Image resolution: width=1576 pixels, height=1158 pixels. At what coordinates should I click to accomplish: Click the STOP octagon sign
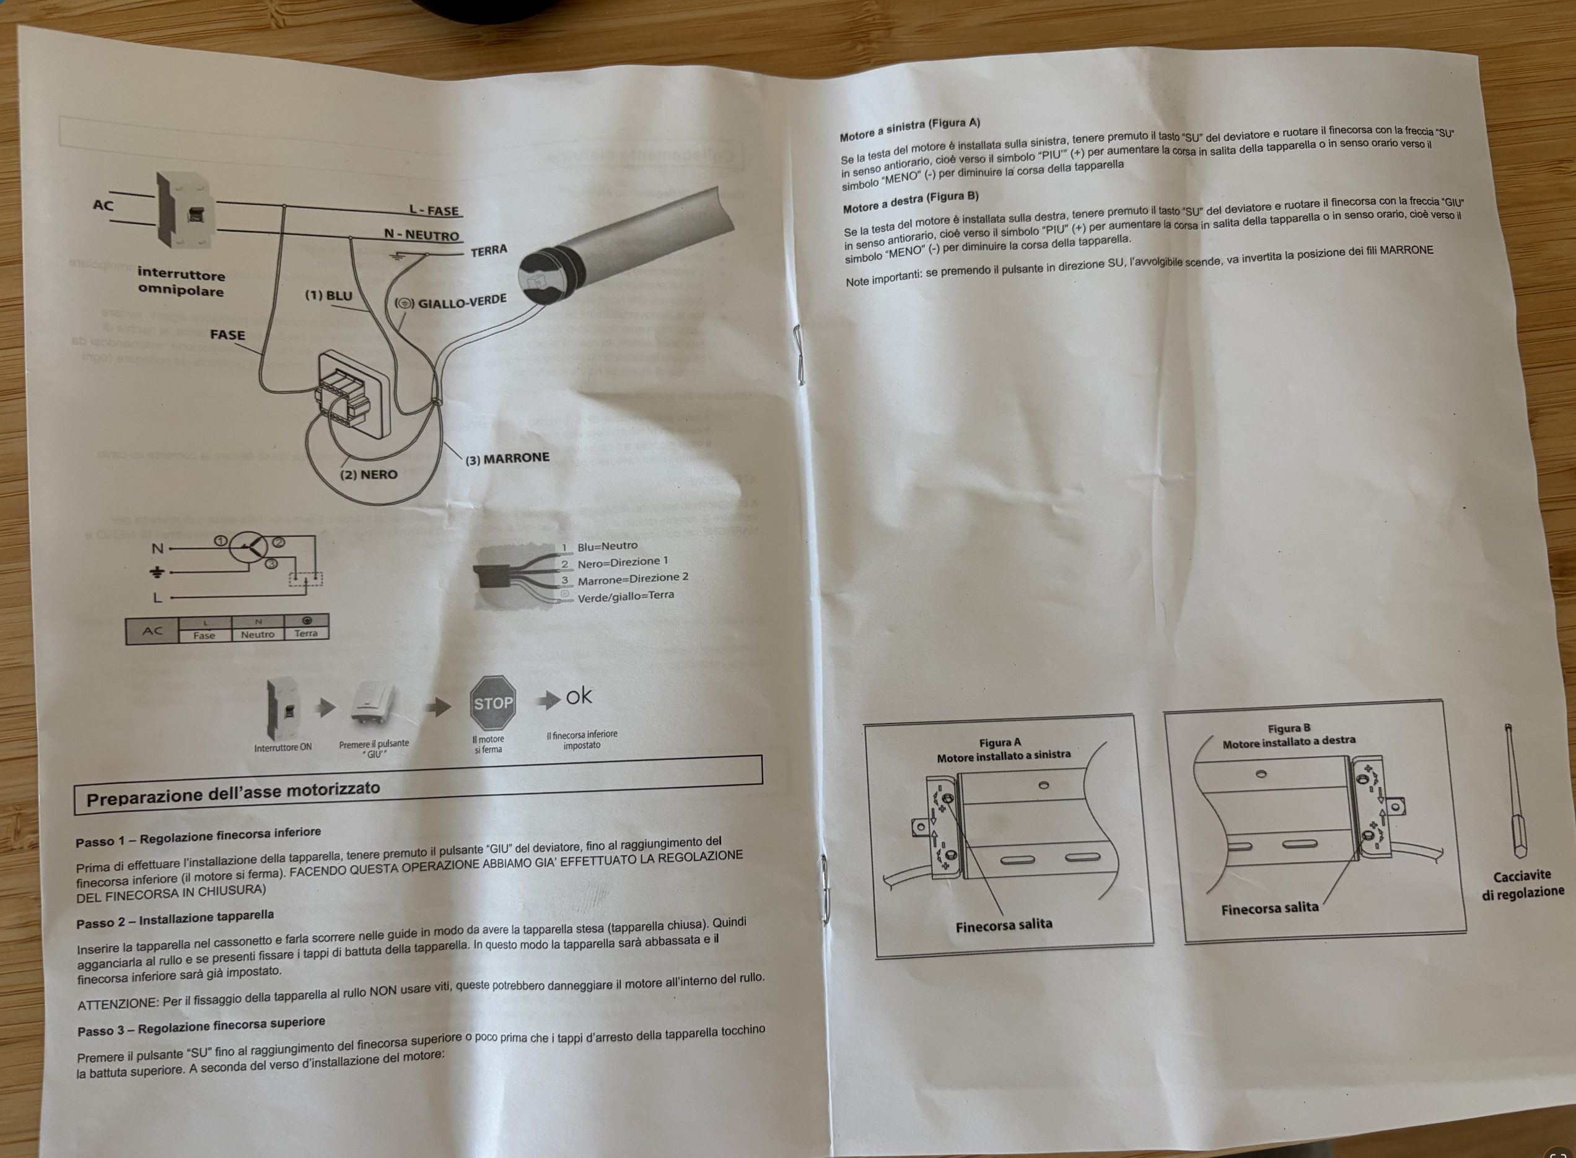pos(493,702)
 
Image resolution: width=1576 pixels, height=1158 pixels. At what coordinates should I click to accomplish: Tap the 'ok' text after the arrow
pos(579,696)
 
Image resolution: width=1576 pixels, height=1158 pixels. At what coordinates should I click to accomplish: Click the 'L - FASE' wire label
pos(434,211)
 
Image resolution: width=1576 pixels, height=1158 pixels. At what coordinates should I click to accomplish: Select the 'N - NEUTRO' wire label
pos(421,235)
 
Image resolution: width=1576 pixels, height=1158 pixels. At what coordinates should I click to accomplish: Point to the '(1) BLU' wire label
pos(328,296)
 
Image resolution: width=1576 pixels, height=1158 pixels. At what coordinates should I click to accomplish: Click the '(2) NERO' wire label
pos(369,474)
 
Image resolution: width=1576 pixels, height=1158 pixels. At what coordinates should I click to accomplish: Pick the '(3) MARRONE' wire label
pos(507,458)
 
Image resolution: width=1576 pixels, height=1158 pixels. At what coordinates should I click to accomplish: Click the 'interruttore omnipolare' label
pos(181,282)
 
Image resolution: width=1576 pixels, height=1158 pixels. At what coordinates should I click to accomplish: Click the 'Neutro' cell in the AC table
pos(258,634)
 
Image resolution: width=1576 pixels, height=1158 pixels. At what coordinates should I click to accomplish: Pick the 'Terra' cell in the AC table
pos(305,633)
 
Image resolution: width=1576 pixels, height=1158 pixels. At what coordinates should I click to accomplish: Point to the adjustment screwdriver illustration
pos(1516,791)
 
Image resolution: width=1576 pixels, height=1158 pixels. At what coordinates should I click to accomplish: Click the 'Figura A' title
pos(1000,743)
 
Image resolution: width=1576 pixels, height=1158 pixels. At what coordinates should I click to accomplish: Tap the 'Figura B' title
pos(1289,728)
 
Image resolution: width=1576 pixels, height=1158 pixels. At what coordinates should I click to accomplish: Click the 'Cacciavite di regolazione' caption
pos(1522,884)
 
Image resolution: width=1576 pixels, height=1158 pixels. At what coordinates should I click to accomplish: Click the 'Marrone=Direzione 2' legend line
pos(633,578)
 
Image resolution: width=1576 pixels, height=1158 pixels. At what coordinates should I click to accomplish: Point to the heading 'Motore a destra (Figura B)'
pos(910,202)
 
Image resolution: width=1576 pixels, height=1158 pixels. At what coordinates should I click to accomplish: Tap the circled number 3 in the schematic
pos(271,564)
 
